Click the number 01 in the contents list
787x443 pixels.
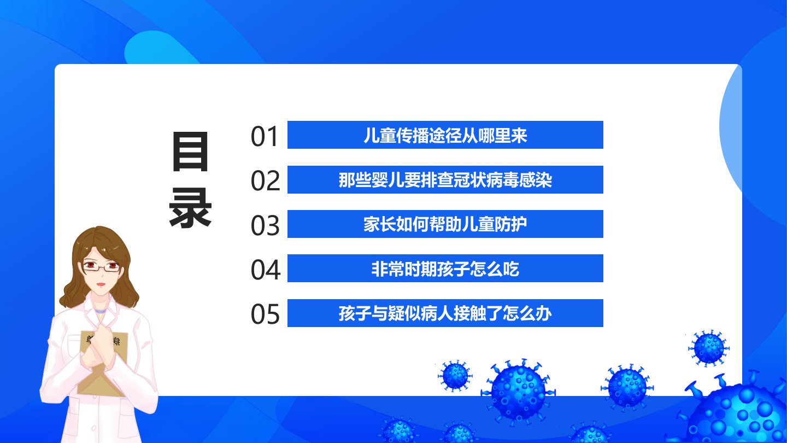pos(264,136)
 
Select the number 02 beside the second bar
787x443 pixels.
pos(265,180)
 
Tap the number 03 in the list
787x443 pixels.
pos(265,225)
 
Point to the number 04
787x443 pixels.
pos(266,270)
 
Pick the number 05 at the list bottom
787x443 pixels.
pos(265,314)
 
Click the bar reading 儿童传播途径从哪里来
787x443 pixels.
pos(445,135)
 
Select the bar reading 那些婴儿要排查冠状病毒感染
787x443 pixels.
pos(445,179)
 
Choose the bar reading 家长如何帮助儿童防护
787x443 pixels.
pos(445,224)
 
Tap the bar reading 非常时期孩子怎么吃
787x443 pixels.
pos(445,268)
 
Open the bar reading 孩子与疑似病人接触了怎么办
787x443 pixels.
pos(445,313)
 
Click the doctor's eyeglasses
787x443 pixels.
pos(101,266)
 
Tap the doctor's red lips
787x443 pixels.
pos(101,284)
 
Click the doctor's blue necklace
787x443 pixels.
pos(100,312)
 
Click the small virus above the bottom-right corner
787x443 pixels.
pos(709,348)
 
